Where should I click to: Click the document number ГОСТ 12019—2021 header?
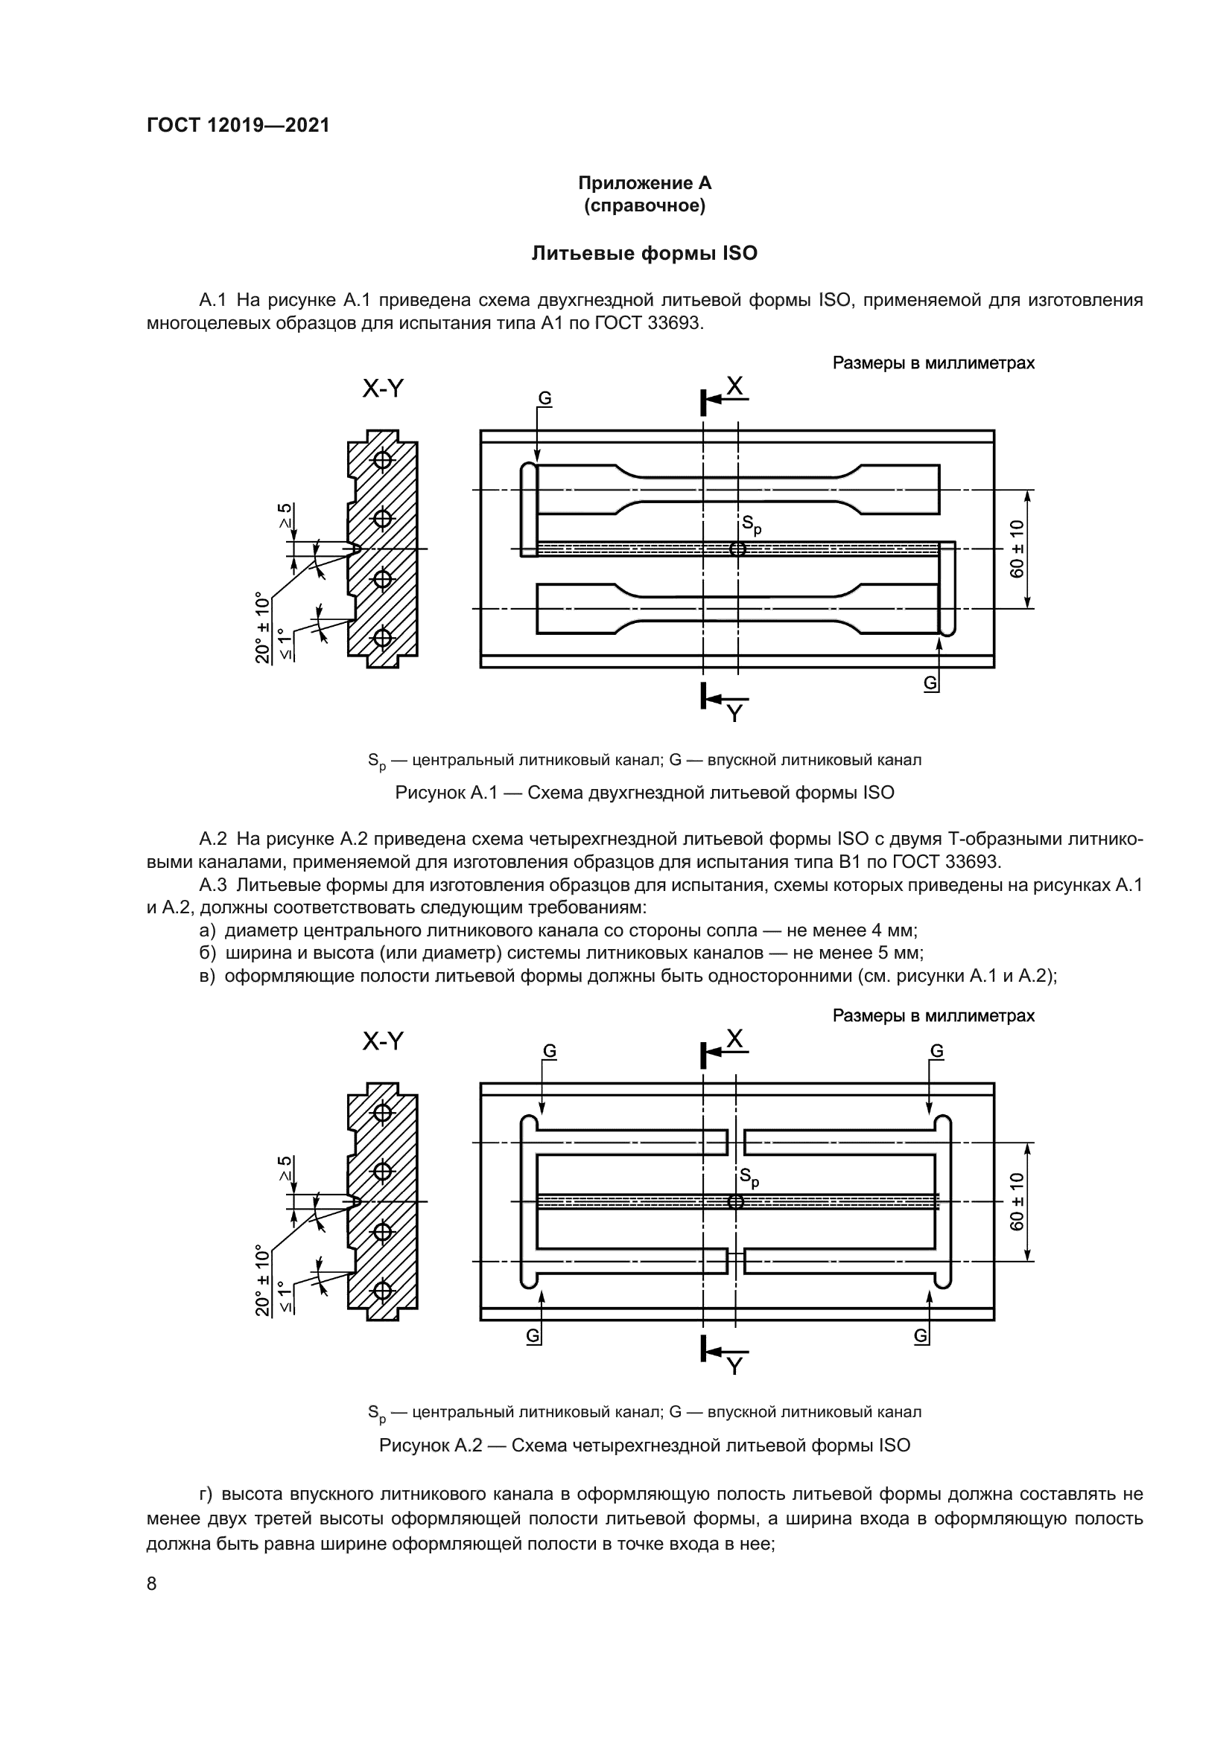coord(238,125)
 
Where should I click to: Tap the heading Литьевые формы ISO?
coord(644,253)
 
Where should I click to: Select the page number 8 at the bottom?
coord(152,1583)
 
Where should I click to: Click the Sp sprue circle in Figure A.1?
coord(737,549)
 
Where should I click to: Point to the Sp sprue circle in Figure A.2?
coord(735,1202)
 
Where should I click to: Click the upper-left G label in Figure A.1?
coord(544,399)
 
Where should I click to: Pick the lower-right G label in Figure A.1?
coord(930,683)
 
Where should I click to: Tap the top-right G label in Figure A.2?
coord(937,1051)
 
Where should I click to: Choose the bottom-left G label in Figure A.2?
coord(533,1336)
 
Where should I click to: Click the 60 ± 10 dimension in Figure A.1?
coord(1017,549)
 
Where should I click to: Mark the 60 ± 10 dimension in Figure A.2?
coord(1017,1202)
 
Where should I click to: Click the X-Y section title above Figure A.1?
coord(383,389)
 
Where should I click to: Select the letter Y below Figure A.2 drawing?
coord(734,1366)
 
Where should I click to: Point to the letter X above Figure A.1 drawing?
coord(734,387)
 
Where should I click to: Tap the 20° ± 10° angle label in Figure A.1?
coord(263,628)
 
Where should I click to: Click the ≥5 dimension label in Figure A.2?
coord(285,1169)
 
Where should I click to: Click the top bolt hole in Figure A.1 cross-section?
coord(383,459)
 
